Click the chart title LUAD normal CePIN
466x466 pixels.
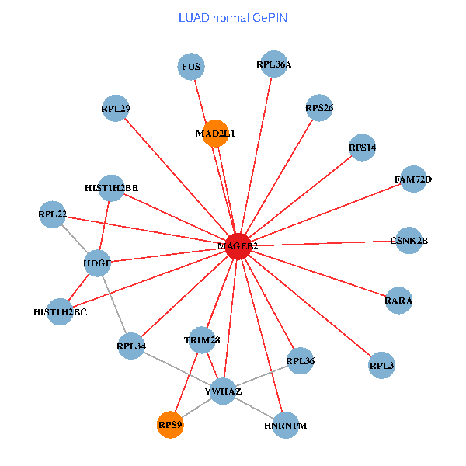233,17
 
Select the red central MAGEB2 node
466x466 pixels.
238,245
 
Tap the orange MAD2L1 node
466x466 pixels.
215,134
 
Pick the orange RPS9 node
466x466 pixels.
170,424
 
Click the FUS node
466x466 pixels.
191,67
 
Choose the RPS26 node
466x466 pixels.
319,108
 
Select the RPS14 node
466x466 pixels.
363,147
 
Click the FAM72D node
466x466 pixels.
413,179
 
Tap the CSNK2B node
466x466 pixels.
409,241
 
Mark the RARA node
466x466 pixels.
398,300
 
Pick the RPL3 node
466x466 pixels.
381,365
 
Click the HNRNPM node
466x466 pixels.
286,425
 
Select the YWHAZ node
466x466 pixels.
223,391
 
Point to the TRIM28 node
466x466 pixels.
203,339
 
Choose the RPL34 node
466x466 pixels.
131,346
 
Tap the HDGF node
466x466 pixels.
97,263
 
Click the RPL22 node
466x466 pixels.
52,214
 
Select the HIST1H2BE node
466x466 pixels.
112,187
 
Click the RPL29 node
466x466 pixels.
115,109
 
